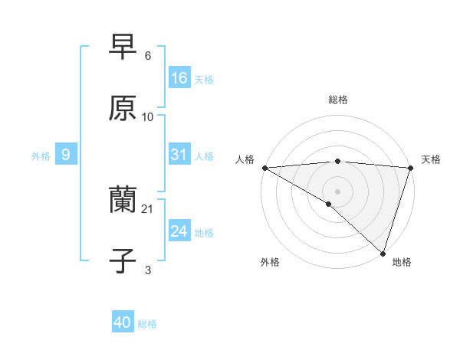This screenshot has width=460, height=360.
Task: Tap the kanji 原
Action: [x=123, y=109]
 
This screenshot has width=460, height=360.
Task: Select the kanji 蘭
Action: [x=123, y=201]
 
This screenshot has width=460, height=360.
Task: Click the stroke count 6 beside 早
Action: [x=147, y=56]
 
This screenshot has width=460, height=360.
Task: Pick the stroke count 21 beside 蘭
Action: [x=148, y=209]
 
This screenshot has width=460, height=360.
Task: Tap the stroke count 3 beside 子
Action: [x=147, y=270]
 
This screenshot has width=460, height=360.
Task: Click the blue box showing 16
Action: [x=179, y=78]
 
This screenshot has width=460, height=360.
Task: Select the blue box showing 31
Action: [x=179, y=155]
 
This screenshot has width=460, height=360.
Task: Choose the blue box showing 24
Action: [x=179, y=231]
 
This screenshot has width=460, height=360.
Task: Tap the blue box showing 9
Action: [x=66, y=155]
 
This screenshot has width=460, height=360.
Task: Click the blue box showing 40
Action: [x=123, y=323]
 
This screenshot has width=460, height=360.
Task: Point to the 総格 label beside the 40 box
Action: [x=147, y=325]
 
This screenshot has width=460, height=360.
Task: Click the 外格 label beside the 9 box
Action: [x=41, y=156]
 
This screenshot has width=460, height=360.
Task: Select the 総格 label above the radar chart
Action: [x=337, y=100]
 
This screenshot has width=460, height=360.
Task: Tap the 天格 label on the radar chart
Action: [x=431, y=159]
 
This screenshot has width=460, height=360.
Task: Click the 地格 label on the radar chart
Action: [x=402, y=262]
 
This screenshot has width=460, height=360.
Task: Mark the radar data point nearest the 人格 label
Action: [x=264, y=168]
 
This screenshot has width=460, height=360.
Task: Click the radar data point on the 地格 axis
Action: [x=382, y=253]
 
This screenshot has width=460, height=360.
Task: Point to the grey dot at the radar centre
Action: [x=337, y=191]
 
